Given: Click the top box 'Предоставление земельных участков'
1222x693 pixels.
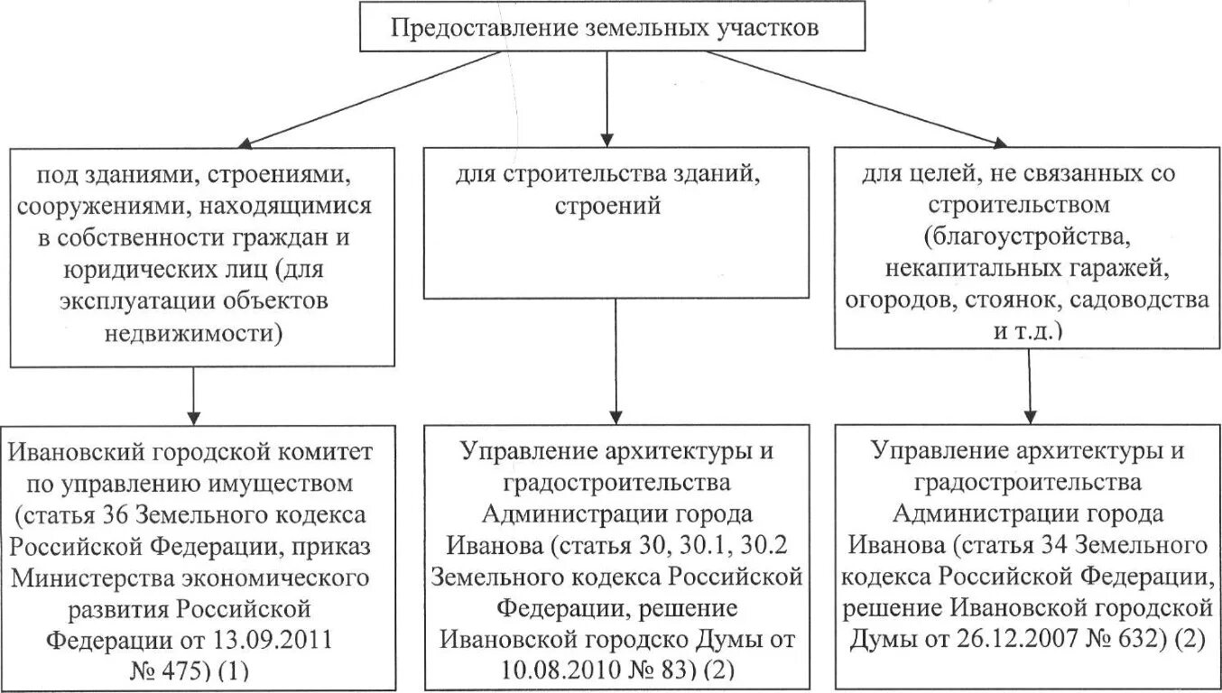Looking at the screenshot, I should point(606,27).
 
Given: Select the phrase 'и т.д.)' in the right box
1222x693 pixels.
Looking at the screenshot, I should point(1028,330).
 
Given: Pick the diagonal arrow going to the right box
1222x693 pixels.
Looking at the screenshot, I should point(853,99).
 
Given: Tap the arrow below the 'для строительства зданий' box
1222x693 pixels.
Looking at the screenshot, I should point(616,361).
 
